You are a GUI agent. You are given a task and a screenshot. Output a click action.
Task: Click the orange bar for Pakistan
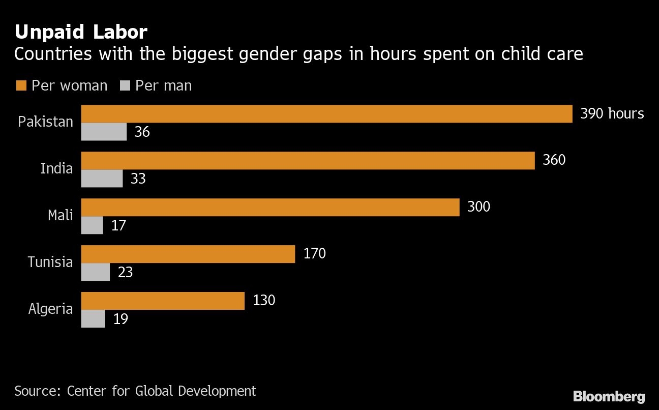[327, 114]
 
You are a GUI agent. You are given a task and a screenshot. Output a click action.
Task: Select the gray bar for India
[102, 179]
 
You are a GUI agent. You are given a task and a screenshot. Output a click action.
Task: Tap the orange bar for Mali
[270, 208]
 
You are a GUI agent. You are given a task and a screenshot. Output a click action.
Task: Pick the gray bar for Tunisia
[96, 272]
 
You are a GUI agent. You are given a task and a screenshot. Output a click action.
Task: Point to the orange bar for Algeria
[163, 301]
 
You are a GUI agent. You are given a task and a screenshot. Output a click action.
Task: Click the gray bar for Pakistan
[104, 132]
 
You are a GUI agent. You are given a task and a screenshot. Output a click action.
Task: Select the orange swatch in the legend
[21, 85]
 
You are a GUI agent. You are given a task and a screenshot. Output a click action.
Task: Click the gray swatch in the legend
[125, 85]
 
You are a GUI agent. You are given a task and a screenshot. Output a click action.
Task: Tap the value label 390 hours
[612, 113]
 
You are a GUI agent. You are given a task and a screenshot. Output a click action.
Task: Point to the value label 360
[554, 160]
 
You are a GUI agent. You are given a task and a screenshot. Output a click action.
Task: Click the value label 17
[118, 225]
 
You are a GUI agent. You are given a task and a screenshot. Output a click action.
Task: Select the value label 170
[314, 253]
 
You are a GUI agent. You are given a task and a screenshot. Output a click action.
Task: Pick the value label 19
[121, 319]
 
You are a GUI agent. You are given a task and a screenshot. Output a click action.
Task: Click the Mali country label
[61, 215]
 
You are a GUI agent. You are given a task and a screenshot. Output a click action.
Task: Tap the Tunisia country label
[50, 262]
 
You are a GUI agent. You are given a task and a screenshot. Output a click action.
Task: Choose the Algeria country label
[51, 309]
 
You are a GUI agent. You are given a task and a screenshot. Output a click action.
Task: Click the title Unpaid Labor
[81, 33]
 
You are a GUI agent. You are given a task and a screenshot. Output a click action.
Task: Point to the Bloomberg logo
[609, 397]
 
